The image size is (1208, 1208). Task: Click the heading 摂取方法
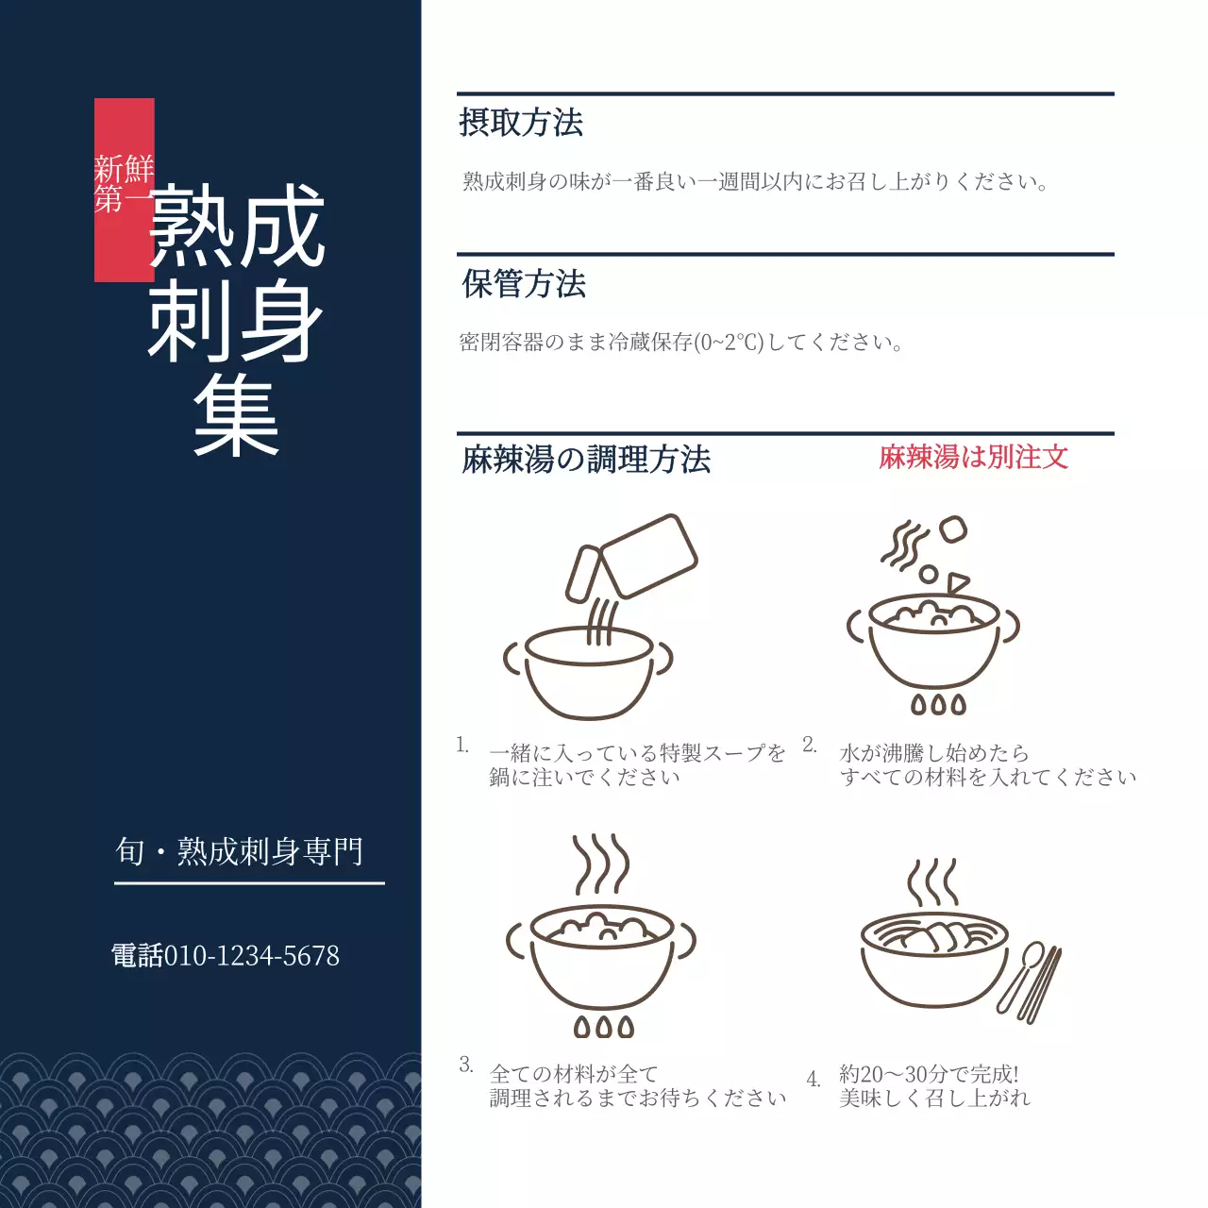[x=521, y=123]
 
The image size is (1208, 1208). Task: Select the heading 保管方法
[x=524, y=283]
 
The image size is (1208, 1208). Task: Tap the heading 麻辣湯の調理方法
[x=586, y=460]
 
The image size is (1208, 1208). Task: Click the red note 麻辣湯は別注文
[x=973, y=458]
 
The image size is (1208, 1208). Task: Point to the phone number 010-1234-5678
[x=252, y=955]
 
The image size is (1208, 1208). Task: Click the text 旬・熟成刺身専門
[x=240, y=851]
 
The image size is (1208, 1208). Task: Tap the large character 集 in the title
[x=237, y=418]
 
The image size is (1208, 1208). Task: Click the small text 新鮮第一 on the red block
[x=124, y=184]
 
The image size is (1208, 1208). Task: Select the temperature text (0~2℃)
[x=729, y=342]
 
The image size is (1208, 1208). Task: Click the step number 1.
[x=462, y=746]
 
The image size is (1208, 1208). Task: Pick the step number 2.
[x=810, y=746]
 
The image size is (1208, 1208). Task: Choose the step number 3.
[x=466, y=1065]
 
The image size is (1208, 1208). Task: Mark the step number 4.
[x=814, y=1079]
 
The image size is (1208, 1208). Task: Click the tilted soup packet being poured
[x=647, y=554]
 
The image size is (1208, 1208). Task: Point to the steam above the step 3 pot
[x=601, y=863]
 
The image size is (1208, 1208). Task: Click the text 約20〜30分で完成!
[x=929, y=1074]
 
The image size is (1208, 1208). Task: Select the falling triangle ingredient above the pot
[x=957, y=582]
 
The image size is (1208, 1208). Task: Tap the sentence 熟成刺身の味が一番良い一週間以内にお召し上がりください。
[x=755, y=181]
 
